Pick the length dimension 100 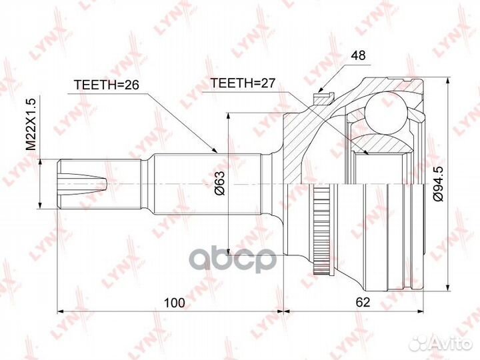tap(174, 303)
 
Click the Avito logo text tap(446, 343)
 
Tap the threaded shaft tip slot tap(83, 181)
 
